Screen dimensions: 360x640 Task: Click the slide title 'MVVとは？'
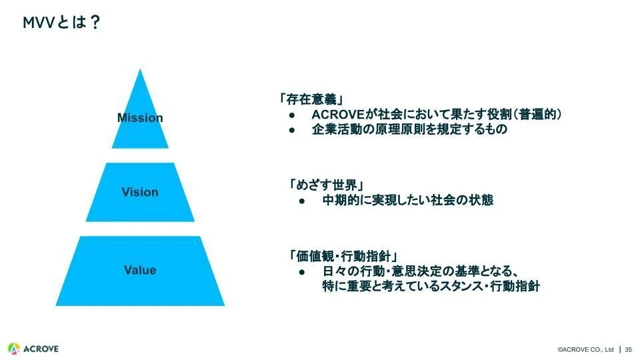coord(61,23)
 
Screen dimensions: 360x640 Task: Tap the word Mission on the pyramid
coord(140,118)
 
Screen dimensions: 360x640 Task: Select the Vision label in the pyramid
coord(140,192)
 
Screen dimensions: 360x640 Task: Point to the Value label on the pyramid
coord(140,270)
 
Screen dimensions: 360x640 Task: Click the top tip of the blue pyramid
coord(140,71)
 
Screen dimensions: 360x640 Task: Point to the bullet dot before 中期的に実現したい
coord(302,201)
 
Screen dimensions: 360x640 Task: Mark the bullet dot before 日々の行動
coord(302,273)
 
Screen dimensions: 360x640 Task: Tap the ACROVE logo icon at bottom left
coord(14,349)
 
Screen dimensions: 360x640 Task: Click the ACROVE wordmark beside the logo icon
coord(41,349)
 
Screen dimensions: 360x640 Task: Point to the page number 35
coord(628,349)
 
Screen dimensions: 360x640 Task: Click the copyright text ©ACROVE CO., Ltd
coord(585,349)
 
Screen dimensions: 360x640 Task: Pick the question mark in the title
coord(95,23)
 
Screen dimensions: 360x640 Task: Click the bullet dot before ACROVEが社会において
coord(292,115)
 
